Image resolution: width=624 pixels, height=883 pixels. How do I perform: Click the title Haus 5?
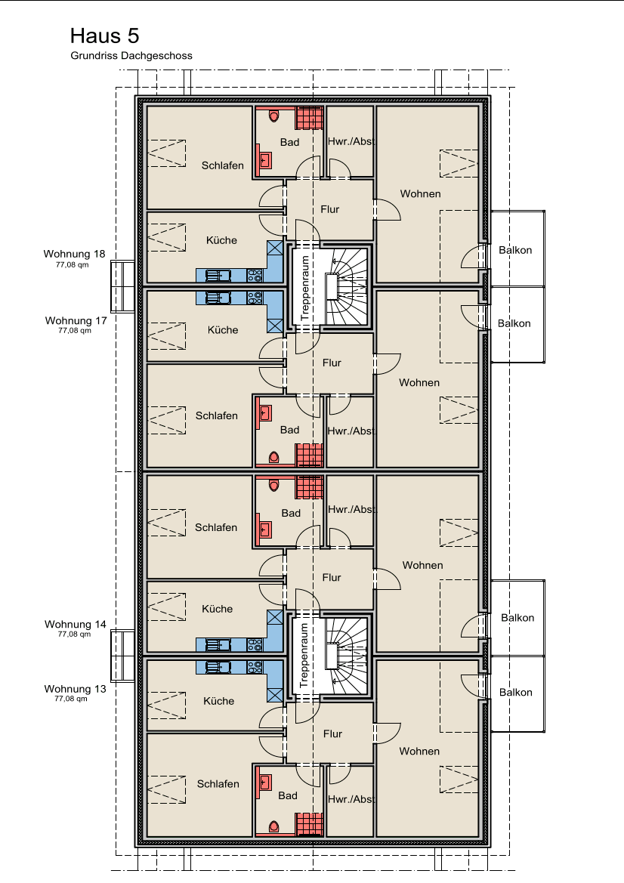[x=104, y=36]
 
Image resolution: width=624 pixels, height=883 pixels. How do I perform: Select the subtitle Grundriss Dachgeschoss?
[x=131, y=56]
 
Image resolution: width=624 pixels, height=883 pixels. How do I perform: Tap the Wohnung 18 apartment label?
[x=74, y=254]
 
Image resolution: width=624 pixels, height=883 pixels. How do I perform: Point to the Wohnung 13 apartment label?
[x=75, y=689]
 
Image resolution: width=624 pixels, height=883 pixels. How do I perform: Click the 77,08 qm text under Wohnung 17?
[x=74, y=331]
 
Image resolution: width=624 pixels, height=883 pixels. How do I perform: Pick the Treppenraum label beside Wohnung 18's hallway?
[x=305, y=288]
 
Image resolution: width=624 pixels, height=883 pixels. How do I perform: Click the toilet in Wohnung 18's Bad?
[x=274, y=116]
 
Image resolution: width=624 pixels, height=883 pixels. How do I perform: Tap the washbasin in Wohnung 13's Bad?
[x=264, y=782]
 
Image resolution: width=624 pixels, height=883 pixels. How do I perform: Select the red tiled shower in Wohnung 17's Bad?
[x=310, y=455]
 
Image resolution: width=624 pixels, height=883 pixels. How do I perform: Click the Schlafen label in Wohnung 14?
[x=216, y=527]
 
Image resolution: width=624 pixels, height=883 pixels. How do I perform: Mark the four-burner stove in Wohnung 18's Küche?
[x=255, y=276]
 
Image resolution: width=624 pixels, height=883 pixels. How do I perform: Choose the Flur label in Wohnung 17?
[x=332, y=363]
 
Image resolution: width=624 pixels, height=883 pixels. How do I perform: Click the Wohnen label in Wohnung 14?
[x=422, y=565]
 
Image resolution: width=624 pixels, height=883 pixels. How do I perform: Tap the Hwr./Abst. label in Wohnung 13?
[x=351, y=799]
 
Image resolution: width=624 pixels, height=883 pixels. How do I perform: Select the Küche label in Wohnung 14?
[x=217, y=609]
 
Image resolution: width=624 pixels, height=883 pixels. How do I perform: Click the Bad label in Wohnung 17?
[x=289, y=430]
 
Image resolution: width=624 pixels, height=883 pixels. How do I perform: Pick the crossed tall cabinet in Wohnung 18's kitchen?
[x=275, y=249]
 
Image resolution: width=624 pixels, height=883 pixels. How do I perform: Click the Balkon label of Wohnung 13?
[x=515, y=692]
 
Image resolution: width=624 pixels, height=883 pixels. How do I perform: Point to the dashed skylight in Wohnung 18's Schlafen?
[x=167, y=153]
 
